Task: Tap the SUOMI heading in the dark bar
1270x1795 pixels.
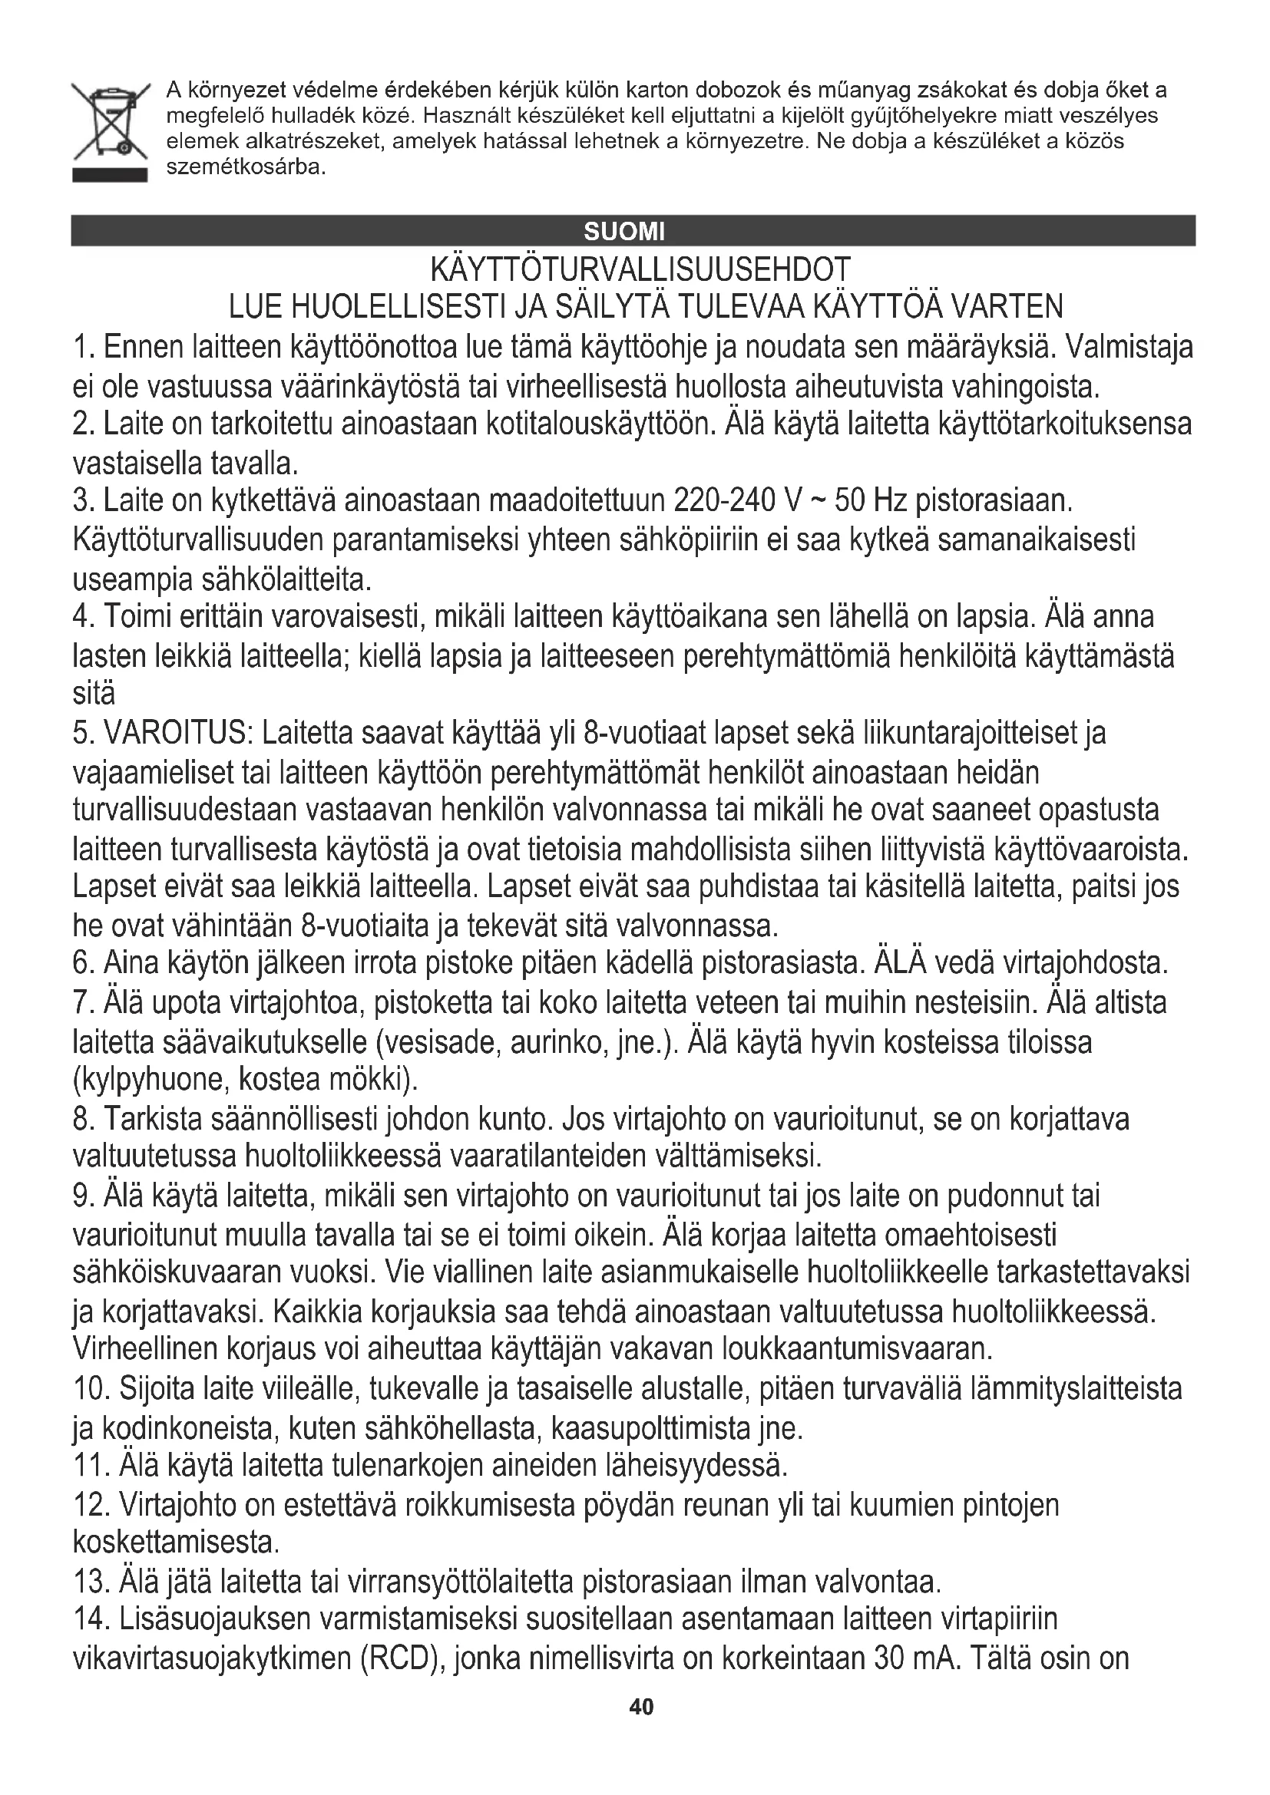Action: (x=624, y=232)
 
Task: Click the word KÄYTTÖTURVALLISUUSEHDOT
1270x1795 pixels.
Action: (x=640, y=270)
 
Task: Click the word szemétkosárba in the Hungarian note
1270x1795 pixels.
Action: (x=245, y=168)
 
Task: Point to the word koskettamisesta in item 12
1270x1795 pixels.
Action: (x=175, y=1542)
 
